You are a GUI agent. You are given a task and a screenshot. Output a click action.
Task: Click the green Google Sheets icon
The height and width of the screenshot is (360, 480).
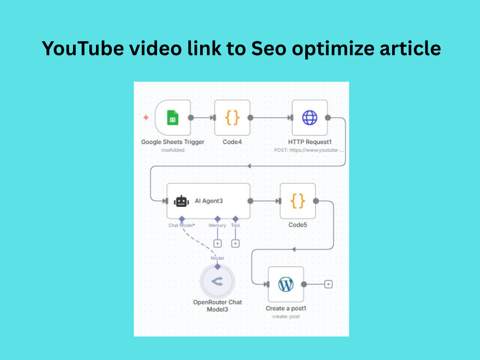point(173,118)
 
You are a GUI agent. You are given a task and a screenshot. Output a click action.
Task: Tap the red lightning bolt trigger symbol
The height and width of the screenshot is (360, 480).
point(146,117)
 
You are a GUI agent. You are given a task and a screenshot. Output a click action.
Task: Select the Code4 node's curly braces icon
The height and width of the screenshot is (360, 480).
point(232,118)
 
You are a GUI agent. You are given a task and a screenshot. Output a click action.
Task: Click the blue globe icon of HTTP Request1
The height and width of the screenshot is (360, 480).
point(310,118)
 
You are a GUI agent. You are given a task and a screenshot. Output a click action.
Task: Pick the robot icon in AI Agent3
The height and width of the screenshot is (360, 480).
point(181,201)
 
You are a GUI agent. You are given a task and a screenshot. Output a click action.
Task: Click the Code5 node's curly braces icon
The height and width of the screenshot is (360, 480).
point(298,201)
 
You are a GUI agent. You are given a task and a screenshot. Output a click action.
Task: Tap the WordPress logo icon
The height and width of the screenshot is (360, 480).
point(286,284)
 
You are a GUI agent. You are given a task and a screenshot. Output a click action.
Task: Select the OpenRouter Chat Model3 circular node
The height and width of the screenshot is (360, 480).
point(217,281)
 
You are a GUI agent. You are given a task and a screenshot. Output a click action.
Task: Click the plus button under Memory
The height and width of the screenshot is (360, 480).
point(217,243)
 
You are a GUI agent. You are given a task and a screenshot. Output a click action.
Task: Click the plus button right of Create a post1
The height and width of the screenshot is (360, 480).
point(328,284)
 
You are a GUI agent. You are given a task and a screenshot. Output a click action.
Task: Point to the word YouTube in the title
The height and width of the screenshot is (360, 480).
point(83,48)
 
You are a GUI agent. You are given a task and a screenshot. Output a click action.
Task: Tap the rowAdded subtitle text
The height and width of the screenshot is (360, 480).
point(173,150)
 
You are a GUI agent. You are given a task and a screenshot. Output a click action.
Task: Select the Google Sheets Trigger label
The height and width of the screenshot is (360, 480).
point(173,142)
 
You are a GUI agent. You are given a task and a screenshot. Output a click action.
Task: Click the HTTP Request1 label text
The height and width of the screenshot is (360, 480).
point(310,142)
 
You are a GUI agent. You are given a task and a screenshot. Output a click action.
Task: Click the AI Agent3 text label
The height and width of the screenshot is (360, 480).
point(209,201)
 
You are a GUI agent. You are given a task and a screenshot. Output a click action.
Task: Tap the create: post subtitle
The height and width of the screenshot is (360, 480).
point(286,316)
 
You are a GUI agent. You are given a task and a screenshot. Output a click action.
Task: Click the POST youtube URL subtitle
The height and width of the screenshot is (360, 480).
point(309,150)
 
